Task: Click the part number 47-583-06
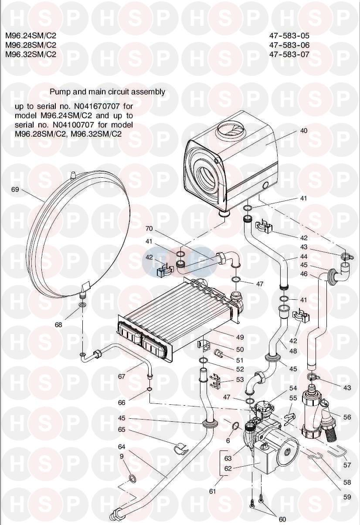click(289, 45)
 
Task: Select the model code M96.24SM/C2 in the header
click(31, 35)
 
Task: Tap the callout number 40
click(304, 130)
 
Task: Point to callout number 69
click(16, 190)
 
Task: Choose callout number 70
click(149, 228)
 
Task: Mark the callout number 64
click(122, 447)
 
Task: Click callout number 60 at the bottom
click(282, 519)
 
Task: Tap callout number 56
click(347, 417)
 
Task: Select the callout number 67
click(122, 376)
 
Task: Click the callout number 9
click(122, 456)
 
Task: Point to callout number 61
click(213, 491)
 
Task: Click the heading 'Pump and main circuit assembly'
click(107, 91)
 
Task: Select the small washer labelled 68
click(83, 304)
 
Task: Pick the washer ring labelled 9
click(131, 480)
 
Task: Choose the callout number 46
click(303, 274)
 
